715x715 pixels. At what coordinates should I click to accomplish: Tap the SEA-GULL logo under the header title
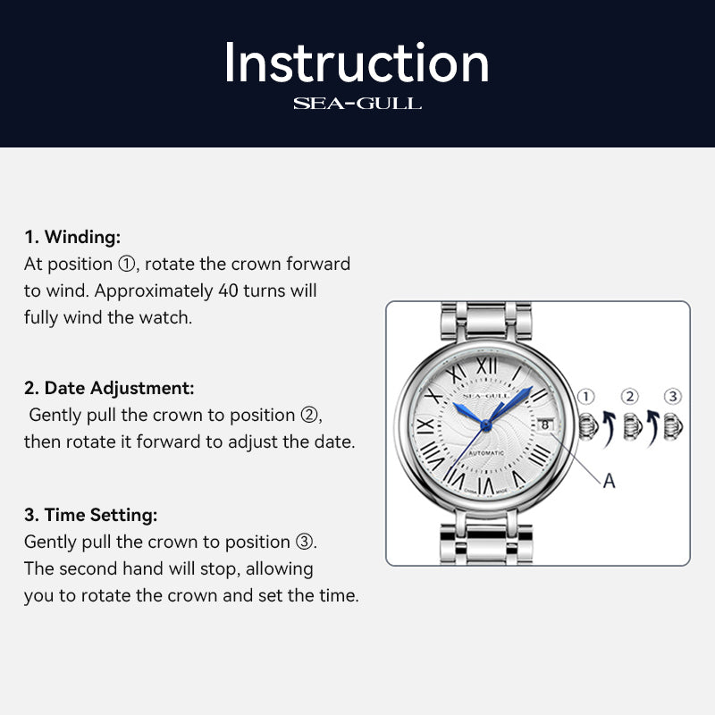click(357, 104)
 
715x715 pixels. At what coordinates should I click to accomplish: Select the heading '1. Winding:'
click(72, 237)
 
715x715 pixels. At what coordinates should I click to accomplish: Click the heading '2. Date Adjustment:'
click(109, 388)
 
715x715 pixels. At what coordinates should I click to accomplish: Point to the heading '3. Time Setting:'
click(90, 515)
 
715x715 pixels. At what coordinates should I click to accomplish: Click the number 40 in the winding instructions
click(229, 290)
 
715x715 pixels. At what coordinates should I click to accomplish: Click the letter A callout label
click(609, 481)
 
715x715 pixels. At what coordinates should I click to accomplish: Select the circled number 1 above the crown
click(586, 397)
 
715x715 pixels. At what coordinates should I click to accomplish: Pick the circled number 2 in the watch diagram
click(630, 397)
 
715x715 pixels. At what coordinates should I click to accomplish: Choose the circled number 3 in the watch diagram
click(673, 397)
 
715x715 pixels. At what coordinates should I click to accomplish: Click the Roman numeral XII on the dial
click(485, 365)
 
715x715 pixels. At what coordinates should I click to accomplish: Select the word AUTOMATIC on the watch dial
click(485, 454)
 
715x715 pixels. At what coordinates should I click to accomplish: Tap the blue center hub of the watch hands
click(485, 420)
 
